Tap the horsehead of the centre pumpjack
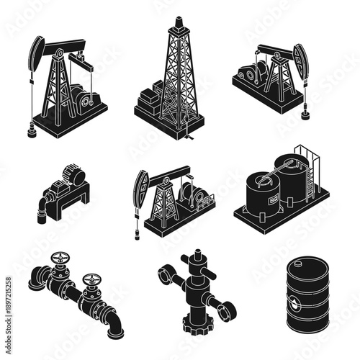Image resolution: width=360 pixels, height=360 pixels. [x=140, y=189]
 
